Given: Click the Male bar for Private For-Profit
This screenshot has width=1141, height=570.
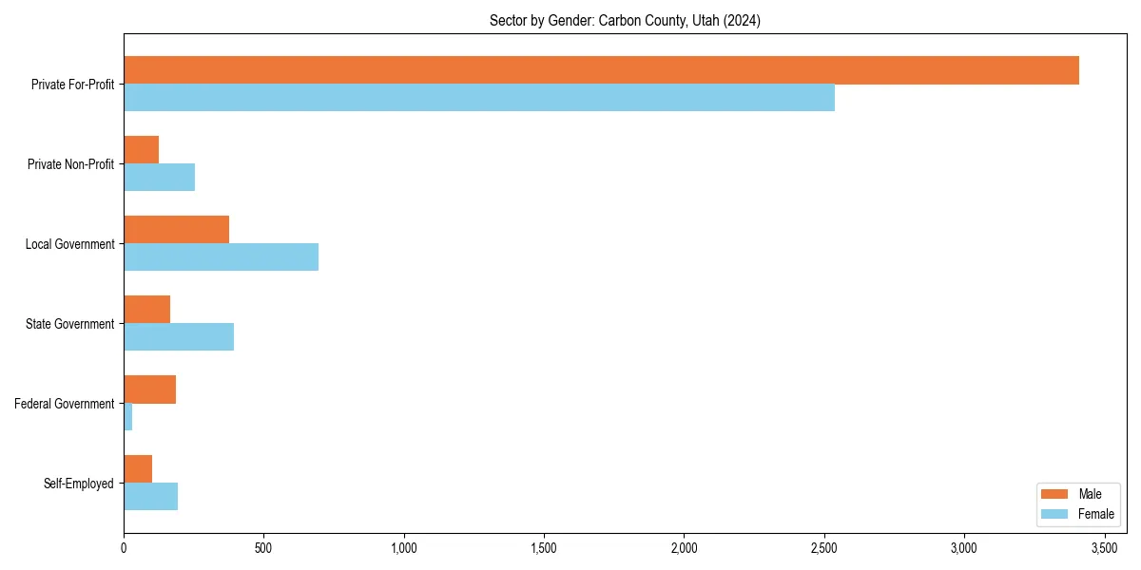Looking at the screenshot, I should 601,70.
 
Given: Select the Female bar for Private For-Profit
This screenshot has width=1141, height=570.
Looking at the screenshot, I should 479,98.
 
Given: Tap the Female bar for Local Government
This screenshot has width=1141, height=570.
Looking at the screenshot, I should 221,256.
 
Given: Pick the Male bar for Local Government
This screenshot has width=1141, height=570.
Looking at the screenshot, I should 176,230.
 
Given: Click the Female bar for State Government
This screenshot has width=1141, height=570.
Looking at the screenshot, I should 179,337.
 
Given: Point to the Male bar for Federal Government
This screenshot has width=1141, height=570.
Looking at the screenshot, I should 149,389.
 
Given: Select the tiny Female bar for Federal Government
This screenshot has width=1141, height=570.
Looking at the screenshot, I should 127,417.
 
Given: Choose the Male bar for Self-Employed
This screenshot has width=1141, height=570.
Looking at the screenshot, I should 138,469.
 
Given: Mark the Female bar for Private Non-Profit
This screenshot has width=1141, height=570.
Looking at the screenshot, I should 159,178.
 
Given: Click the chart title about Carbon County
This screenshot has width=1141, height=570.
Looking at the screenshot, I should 624,20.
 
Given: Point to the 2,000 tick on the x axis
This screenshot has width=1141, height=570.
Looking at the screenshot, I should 684,548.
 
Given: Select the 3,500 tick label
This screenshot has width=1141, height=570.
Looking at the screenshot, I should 1104,548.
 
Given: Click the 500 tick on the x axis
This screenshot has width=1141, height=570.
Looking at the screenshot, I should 263,548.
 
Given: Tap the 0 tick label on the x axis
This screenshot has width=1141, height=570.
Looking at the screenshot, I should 124,548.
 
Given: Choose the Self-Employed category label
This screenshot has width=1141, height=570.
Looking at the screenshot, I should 79,484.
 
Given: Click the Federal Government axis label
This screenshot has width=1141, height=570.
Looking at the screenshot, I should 65,404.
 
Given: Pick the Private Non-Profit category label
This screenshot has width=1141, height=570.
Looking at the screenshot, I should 70,164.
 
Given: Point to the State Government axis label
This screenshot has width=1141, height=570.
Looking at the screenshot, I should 70,324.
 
